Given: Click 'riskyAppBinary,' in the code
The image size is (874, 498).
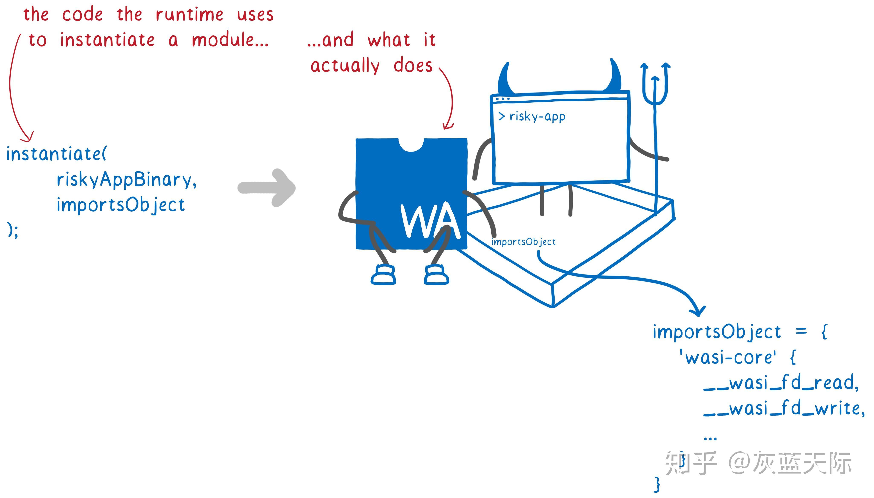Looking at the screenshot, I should tap(126, 180).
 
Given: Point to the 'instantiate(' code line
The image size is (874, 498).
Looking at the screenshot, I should tap(57, 154).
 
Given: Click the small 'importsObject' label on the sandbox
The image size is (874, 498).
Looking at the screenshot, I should tap(523, 242).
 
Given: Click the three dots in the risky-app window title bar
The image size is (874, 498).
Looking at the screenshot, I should tap(503, 99).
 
